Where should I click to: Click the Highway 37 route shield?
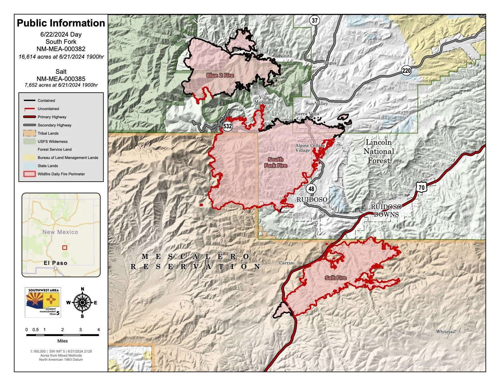click(314, 20)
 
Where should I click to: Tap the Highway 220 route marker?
click(406, 70)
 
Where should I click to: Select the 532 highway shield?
click(228, 126)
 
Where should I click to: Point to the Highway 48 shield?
click(311, 189)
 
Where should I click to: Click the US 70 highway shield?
click(421, 187)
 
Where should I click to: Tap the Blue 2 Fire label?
click(220, 75)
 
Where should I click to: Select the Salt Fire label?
click(336, 278)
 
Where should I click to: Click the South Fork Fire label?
click(276, 162)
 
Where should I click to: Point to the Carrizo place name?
click(287, 263)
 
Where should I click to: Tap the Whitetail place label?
click(446, 331)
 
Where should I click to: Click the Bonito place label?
click(285, 56)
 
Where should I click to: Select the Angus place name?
click(330, 63)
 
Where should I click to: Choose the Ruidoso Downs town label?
click(386, 211)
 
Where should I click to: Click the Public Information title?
click(61, 23)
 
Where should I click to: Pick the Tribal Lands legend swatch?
click(29, 133)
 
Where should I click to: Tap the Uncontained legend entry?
click(48, 109)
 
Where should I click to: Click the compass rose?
click(82, 303)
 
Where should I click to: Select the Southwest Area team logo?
click(43, 302)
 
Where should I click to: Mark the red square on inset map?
click(65, 248)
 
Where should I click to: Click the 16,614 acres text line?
click(61, 57)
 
